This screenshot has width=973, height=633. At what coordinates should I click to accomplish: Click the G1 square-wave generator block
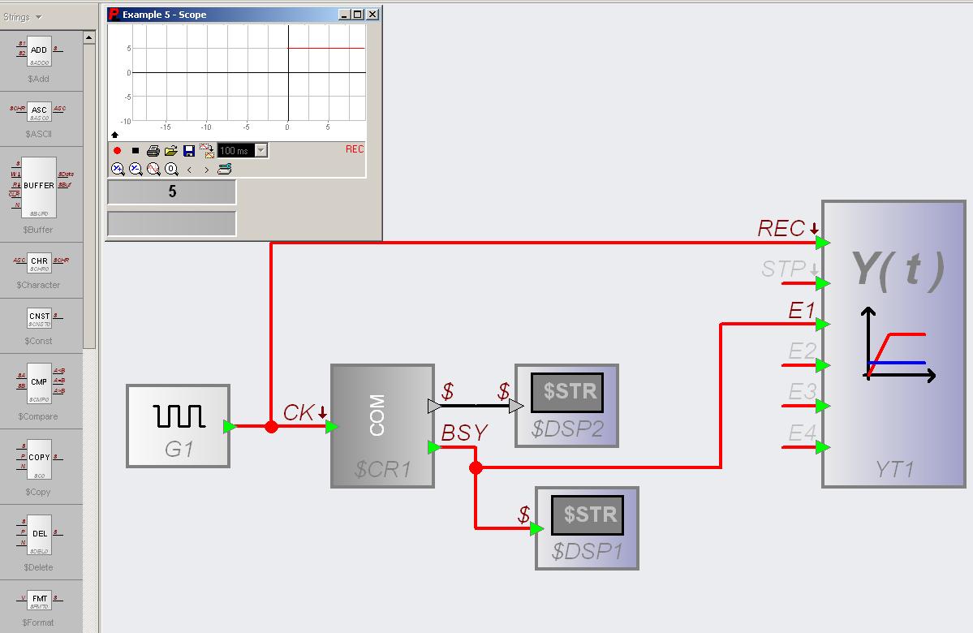[179, 426]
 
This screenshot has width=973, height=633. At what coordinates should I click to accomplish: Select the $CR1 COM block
[382, 426]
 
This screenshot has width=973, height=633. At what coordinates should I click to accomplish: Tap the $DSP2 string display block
[567, 406]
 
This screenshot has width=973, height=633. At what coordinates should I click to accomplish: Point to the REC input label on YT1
[781, 229]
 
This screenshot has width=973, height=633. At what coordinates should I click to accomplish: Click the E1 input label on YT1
[802, 310]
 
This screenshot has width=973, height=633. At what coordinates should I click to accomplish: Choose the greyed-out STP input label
[783, 269]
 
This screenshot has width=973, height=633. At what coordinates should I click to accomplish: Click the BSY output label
[464, 434]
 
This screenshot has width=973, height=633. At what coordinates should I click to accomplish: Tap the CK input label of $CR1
[299, 413]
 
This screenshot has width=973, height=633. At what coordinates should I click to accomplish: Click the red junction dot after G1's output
[271, 427]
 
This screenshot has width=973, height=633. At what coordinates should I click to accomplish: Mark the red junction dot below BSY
[476, 467]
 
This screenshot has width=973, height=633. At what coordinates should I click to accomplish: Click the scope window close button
[372, 15]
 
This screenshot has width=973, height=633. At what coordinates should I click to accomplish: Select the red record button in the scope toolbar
[118, 151]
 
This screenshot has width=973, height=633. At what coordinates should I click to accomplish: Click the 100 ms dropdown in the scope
[243, 151]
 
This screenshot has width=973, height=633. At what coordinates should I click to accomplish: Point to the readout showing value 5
[172, 192]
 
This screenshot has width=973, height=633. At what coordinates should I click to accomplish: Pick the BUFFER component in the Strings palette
[39, 187]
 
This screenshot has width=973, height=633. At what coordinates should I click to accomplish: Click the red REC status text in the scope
[355, 149]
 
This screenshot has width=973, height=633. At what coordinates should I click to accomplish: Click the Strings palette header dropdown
[22, 16]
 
